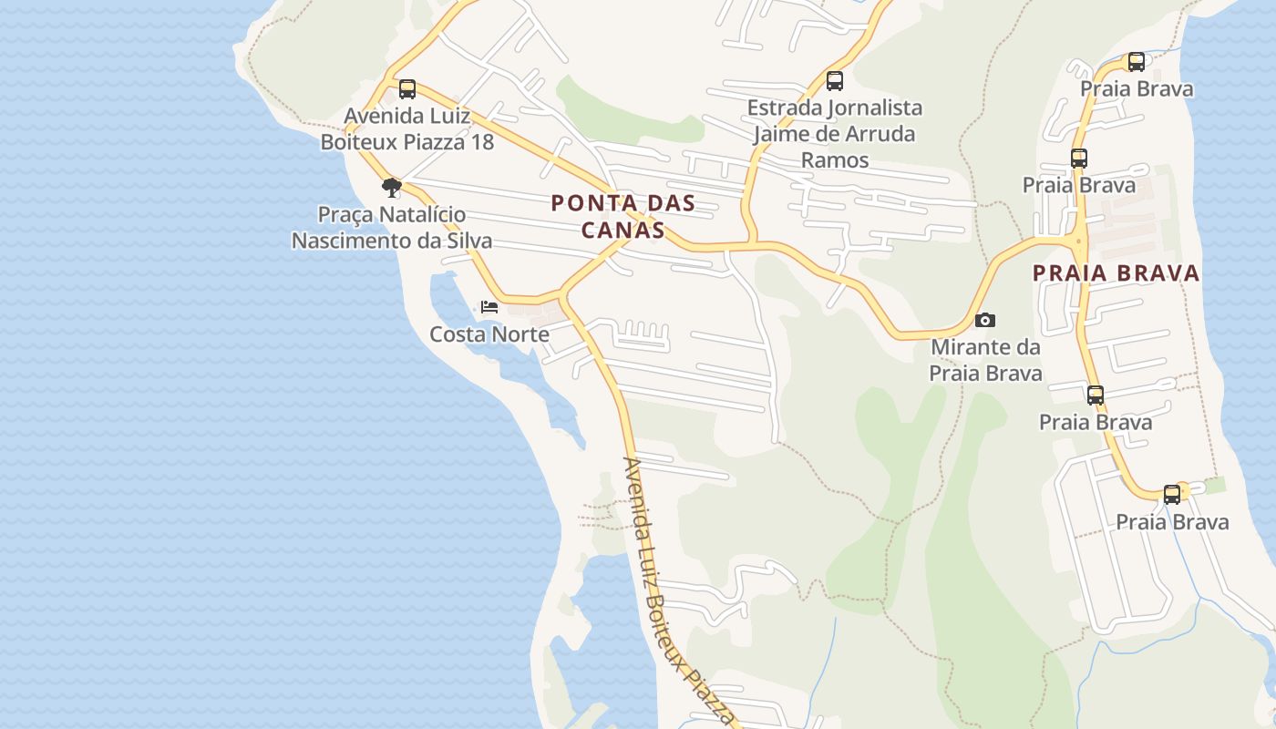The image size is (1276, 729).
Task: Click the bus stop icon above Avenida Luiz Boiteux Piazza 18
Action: (407, 89)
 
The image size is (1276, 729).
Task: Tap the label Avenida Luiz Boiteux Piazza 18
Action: (407, 129)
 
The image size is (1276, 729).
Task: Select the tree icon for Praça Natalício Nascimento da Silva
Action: (392, 188)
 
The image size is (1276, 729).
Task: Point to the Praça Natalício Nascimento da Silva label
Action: (392, 228)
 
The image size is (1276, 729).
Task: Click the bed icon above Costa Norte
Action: (489, 307)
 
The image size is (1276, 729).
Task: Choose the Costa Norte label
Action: (489, 334)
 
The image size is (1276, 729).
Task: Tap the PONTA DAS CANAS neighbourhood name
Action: (623, 217)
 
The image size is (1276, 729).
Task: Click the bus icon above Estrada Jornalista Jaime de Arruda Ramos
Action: (835, 81)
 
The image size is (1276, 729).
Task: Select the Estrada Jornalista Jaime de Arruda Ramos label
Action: (835, 134)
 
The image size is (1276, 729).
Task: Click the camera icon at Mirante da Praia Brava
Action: (985, 320)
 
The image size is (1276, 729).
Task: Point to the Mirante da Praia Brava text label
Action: (985, 360)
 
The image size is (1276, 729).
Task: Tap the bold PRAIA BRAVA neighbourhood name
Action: (1116, 273)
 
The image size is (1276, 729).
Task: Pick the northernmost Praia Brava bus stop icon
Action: (1137, 62)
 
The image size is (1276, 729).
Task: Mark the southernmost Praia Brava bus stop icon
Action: (1172, 495)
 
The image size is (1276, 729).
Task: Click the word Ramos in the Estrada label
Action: (835, 160)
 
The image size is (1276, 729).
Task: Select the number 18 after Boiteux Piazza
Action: (479, 142)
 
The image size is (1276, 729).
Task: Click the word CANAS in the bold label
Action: (623, 230)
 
